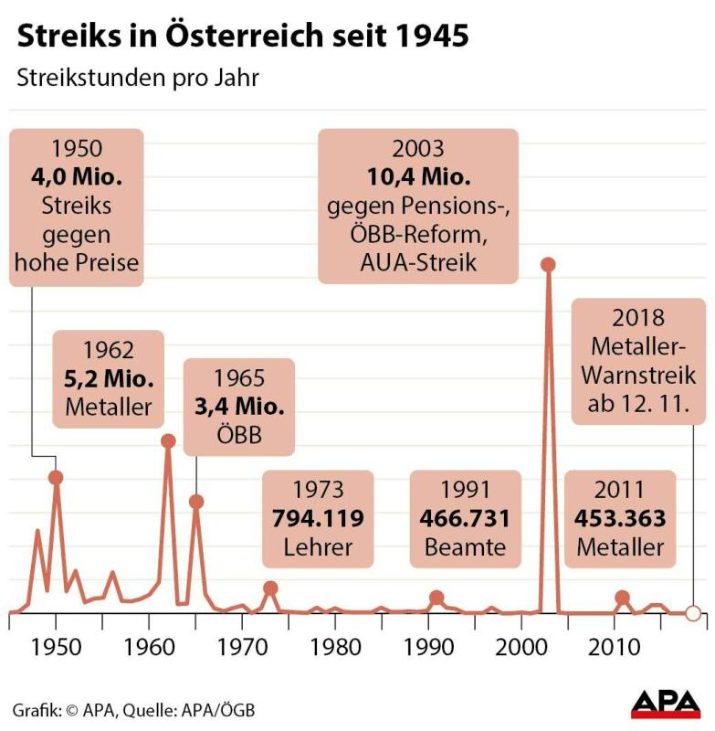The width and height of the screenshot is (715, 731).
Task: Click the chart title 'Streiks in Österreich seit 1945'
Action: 244,36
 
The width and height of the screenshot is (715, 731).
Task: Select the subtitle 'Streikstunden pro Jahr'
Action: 138,78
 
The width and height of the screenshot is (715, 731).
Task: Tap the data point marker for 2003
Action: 549,265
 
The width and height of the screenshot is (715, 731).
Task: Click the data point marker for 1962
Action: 168,440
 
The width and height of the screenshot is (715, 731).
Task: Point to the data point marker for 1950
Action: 56,477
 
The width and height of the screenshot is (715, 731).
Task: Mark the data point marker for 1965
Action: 195,502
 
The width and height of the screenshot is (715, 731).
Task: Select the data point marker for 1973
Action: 270,588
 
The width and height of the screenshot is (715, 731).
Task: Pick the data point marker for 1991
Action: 436,598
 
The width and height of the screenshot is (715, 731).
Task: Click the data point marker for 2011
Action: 623,598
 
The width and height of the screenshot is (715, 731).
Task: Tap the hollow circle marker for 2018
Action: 693,613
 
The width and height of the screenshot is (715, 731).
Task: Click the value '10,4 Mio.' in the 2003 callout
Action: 417,179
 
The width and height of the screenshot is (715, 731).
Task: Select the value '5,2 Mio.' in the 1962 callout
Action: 109,377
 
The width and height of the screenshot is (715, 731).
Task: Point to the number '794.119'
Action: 318,519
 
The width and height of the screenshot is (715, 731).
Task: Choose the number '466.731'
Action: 465,519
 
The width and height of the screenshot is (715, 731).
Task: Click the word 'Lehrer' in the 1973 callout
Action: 318,547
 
